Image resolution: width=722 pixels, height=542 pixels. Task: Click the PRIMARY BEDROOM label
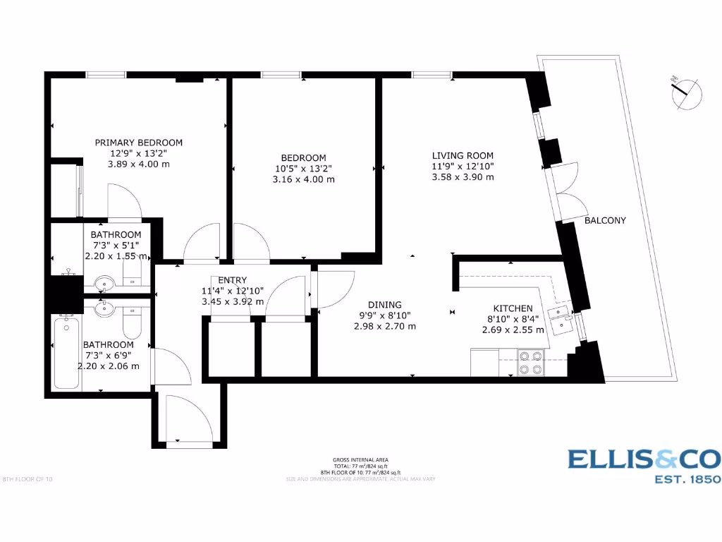(138, 142)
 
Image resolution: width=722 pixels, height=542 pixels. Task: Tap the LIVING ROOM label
(463, 155)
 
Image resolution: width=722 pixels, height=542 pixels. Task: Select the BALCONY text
(605, 220)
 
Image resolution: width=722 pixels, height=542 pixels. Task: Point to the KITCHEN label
(513, 308)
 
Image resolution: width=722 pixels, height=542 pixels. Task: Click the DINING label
(384, 305)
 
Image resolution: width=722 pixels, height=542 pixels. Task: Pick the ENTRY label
(233, 280)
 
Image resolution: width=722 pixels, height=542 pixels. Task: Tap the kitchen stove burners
(530, 362)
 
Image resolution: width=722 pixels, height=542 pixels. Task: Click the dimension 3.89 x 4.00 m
(138, 164)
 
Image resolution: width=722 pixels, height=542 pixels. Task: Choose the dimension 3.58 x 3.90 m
(463, 177)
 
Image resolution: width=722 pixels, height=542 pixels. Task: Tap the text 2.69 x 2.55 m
(513, 330)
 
